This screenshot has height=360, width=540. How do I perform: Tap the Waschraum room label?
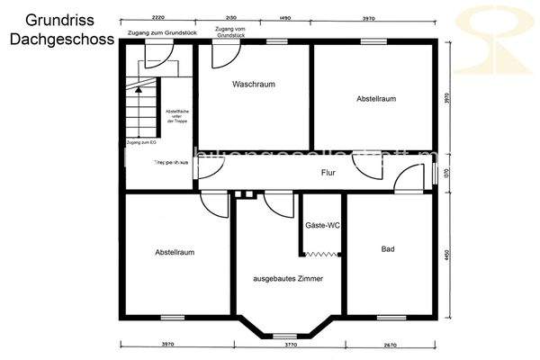tap(253, 84)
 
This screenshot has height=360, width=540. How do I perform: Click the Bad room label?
tap(388, 248)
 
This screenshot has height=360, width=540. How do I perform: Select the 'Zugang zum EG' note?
tap(141, 143)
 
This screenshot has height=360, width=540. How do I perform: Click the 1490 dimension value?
tap(285, 17)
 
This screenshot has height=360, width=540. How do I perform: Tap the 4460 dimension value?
tap(447, 255)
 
